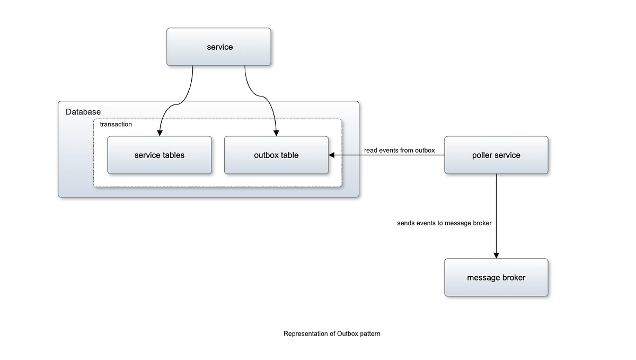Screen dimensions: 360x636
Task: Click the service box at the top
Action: [219, 47]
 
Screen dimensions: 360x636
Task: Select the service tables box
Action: [159, 155]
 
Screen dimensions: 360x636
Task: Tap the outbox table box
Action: [276, 155]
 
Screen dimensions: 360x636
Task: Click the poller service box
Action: [496, 155]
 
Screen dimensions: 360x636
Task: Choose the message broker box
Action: [496, 277]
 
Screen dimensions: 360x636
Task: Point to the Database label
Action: [83, 112]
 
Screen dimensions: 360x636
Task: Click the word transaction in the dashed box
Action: [116, 125]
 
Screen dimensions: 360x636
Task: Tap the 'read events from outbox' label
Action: [399, 151]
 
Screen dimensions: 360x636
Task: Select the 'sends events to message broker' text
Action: [444, 223]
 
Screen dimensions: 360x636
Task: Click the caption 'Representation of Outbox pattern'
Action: [332, 334]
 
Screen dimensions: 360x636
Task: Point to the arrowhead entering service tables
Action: [159, 133]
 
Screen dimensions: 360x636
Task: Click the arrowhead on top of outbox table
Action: [276, 133]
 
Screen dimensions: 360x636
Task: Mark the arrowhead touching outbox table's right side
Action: [332, 155]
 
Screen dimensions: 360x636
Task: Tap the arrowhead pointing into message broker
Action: [496, 255]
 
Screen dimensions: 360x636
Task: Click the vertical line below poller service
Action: [496, 201]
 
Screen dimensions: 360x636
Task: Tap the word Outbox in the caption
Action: [348, 334]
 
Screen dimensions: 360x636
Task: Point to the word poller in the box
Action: [482, 155]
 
